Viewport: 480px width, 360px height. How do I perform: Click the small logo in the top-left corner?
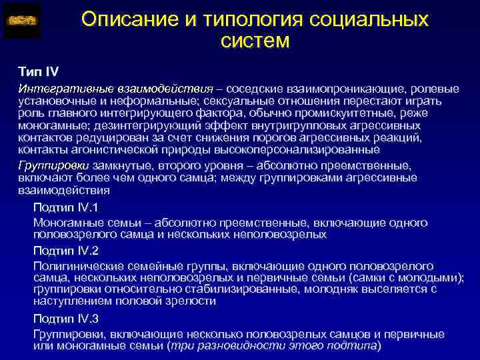pyautogui.click(x=22, y=21)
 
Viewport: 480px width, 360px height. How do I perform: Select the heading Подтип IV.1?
pyautogui.click(x=66, y=207)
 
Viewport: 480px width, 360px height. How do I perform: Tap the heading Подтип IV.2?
pyautogui.click(x=66, y=251)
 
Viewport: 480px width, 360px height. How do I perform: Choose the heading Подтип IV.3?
pyautogui.click(x=66, y=317)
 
